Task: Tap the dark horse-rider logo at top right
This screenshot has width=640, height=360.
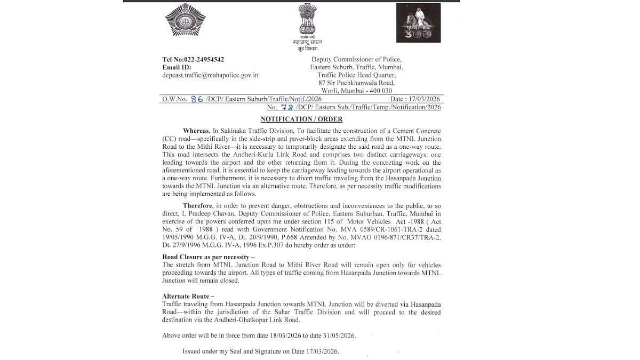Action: [418, 23]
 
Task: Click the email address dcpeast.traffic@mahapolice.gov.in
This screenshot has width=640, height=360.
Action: [210, 75]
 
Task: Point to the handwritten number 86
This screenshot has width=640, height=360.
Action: [197, 99]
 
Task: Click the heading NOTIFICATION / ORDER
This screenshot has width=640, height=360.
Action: [301, 119]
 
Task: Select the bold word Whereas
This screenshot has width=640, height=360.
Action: [197, 131]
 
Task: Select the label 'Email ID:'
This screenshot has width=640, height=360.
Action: [177, 67]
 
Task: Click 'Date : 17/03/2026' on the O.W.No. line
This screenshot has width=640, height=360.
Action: [415, 99]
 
